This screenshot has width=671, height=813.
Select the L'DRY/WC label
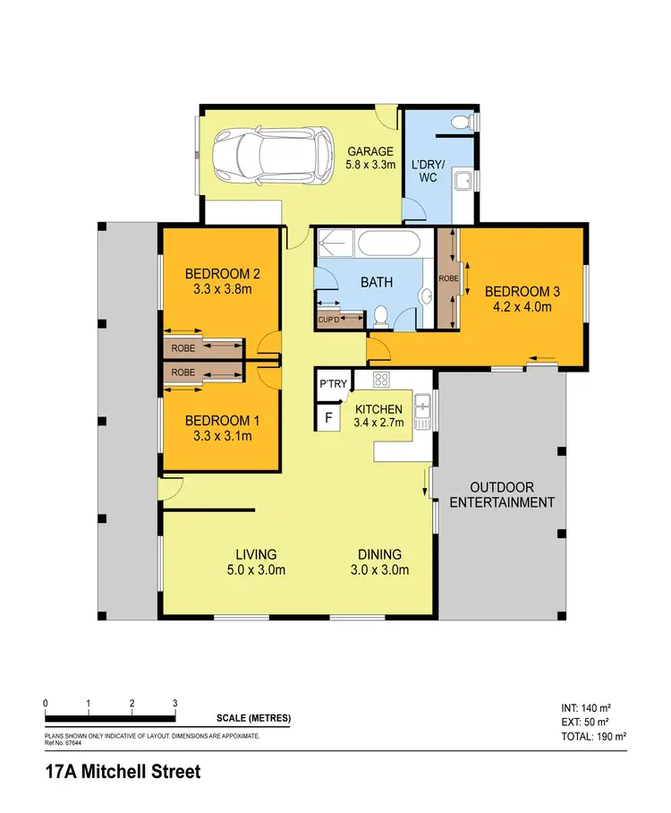click(x=423, y=171)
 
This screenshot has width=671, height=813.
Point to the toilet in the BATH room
click(x=379, y=316)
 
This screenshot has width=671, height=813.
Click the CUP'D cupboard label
click(x=328, y=319)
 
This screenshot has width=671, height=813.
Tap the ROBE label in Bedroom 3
click(x=447, y=278)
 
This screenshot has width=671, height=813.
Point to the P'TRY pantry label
click(x=332, y=384)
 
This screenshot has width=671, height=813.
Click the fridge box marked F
click(x=328, y=417)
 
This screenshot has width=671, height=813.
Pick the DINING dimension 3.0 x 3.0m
click(x=379, y=569)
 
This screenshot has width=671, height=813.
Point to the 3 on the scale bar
click(x=175, y=703)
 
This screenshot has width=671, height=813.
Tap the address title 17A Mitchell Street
click(x=123, y=772)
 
